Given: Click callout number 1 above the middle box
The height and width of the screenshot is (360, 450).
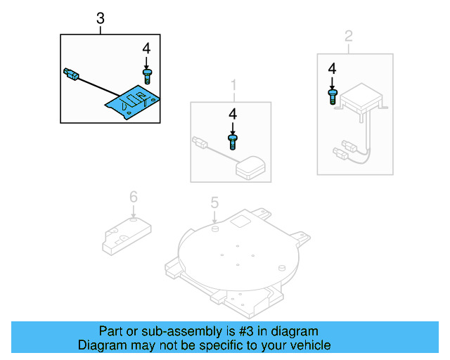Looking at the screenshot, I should tap(233, 86).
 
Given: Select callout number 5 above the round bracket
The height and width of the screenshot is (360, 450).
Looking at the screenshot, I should tap(215, 203).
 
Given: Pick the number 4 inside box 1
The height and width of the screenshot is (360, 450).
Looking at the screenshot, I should tap(232, 113).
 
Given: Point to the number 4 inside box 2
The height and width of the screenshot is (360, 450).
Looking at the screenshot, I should tap(332, 68).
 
